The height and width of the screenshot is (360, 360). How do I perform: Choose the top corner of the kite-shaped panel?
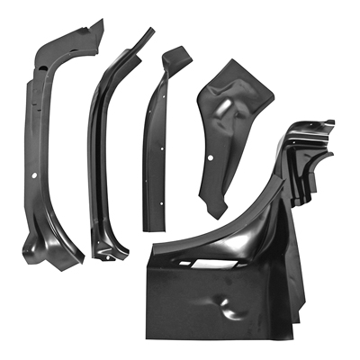233,60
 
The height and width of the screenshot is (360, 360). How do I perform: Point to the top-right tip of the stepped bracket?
330,122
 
